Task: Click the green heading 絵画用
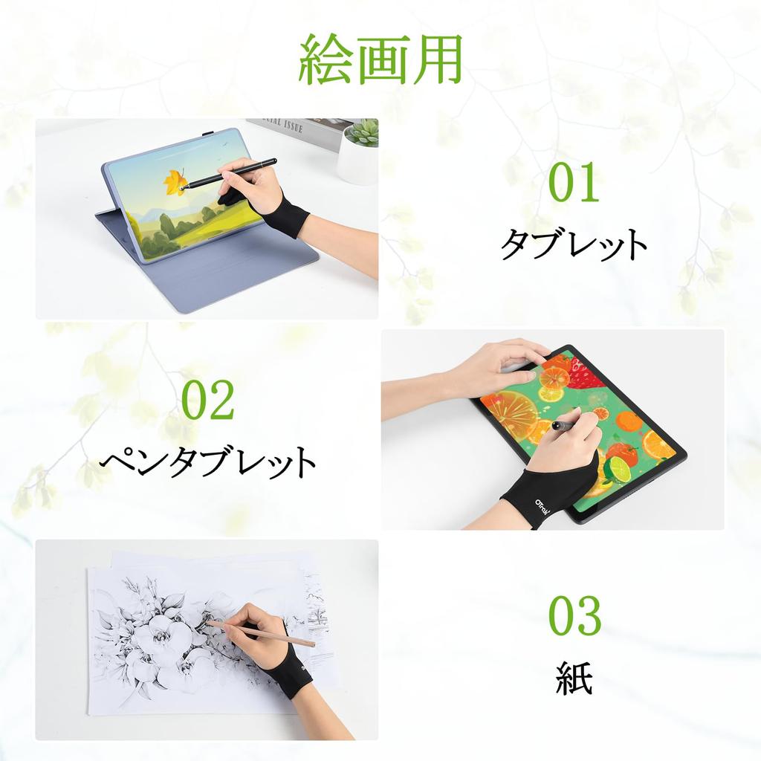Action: coord(380,59)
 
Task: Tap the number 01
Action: coord(573,184)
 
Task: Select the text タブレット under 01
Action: coord(573,243)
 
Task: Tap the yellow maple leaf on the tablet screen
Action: coord(175,181)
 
